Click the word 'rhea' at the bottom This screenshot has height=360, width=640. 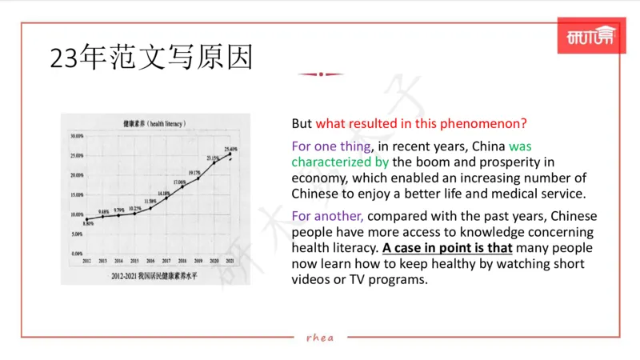tap(320, 337)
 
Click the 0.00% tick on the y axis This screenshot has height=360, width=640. tap(74, 254)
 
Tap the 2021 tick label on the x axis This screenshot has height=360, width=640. tap(231, 262)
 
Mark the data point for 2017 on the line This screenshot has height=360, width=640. tap(166, 198)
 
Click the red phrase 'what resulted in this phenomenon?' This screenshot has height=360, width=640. tap(421, 124)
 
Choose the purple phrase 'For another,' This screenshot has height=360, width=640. tap(327, 216)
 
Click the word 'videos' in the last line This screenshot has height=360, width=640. tap(312, 280)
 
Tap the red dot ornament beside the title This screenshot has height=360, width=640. tap(320, 74)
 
